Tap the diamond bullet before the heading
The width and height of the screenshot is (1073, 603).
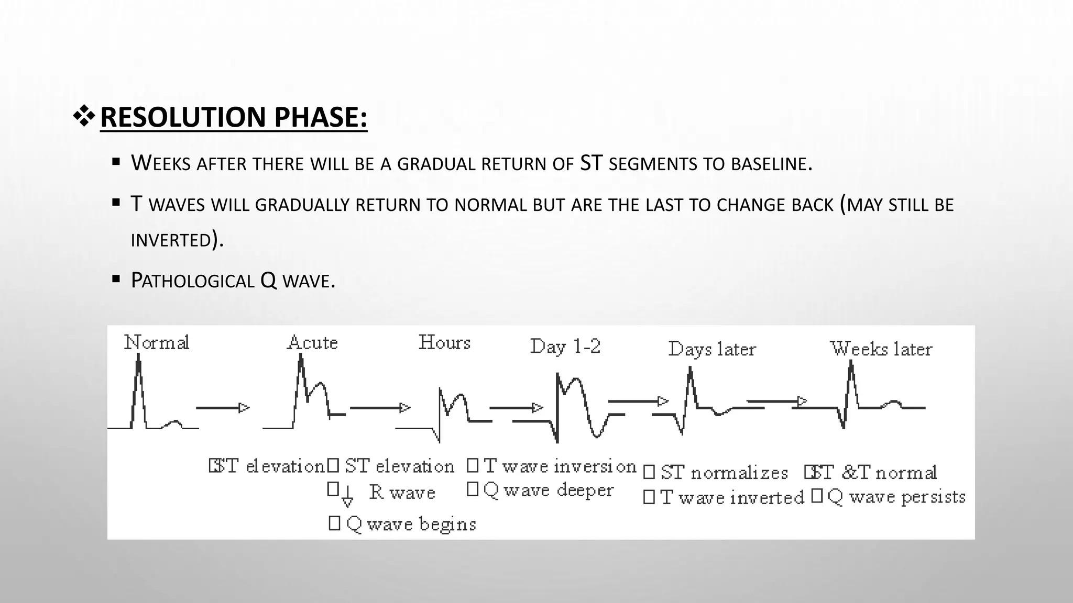click(84, 117)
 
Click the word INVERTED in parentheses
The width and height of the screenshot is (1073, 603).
click(171, 240)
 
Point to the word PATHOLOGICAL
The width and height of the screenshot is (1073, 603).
click(192, 281)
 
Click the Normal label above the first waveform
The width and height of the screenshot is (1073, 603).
click(156, 343)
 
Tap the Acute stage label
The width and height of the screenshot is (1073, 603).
click(312, 343)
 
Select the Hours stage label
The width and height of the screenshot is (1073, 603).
click(444, 342)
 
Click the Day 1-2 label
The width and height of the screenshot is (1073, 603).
click(565, 347)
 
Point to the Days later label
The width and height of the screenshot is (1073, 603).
click(712, 349)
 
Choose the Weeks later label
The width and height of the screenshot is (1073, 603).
click(881, 349)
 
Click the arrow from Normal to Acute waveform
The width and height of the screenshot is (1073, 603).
click(223, 408)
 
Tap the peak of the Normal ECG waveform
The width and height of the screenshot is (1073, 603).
click(138, 356)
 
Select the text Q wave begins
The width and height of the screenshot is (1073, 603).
click(411, 524)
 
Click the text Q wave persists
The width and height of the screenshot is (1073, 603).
click(896, 497)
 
